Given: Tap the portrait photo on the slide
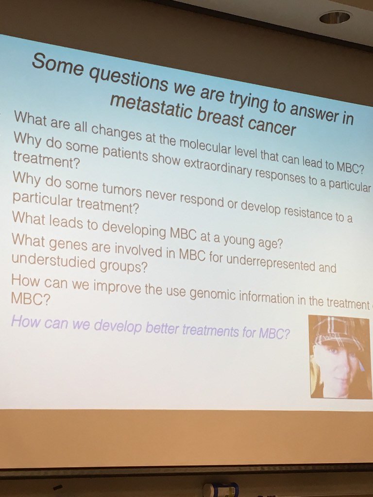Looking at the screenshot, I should pos(340,356).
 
